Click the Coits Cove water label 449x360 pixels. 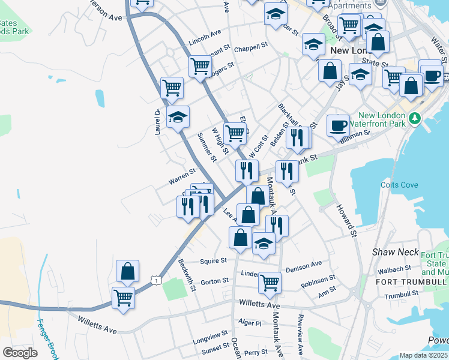[x=400, y=185]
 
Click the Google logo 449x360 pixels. [x=20, y=353]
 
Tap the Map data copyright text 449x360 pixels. [x=424, y=356]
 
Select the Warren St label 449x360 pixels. [x=182, y=176]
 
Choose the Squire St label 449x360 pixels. [x=214, y=261]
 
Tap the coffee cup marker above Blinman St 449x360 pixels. [x=339, y=125]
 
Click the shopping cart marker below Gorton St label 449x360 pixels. [x=270, y=281]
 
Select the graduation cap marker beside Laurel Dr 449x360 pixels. [x=178, y=117]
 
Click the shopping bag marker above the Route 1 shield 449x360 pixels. [x=128, y=271]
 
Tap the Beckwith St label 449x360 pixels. [x=187, y=275]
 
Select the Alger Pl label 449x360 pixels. [x=250, y=323]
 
